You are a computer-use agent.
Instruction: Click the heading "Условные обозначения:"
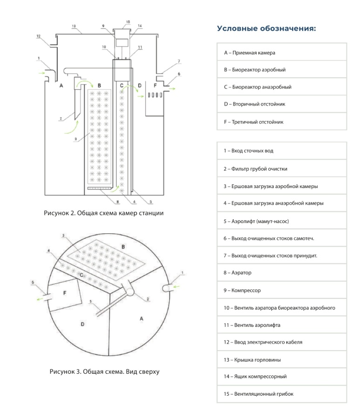pos(266,28)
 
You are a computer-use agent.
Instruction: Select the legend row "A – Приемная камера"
pos(282,53)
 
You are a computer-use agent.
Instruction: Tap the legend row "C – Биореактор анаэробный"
pos(282,87)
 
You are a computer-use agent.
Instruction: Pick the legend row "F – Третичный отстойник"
pos(282,122)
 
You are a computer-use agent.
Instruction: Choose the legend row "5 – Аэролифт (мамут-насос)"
pos(282,221)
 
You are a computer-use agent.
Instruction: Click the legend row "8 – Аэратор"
pos(282,272)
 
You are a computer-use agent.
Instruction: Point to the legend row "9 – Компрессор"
pos(282,290)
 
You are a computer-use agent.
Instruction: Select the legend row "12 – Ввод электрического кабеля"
pos(282,342)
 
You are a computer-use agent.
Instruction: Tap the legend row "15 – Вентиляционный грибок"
pos(282,394)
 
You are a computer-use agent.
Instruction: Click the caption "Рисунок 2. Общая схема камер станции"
pos(104,213)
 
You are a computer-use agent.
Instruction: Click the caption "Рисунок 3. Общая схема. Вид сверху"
pos(104,372)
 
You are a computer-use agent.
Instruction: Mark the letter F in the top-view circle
pos(65,293)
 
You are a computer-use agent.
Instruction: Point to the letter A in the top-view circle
pos(142,318)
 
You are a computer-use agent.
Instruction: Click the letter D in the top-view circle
pos(82,324)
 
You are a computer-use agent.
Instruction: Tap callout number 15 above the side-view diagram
pos(128,22)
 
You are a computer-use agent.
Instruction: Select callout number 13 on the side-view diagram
pos(74,26)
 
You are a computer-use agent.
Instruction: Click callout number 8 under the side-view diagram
pos(118,202)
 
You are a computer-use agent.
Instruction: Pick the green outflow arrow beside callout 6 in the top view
pos(41,299)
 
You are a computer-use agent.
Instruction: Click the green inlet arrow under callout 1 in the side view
pos(42,73)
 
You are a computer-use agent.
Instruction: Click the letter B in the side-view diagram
pos(99,86)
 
